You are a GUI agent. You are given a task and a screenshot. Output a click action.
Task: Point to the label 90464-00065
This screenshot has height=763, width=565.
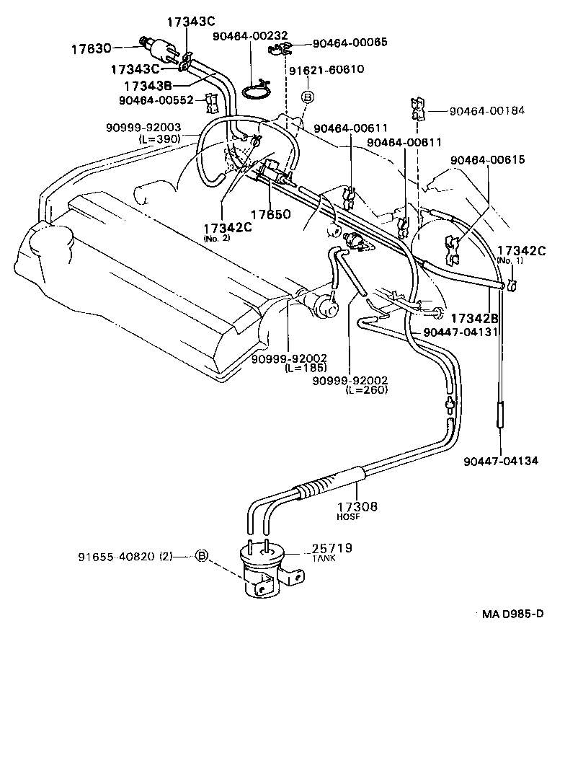[x=350, y=43]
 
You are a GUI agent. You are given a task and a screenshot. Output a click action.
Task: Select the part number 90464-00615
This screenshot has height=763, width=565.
[x=488, y=159]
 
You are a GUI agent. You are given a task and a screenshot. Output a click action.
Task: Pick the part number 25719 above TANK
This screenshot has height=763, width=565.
[x=332, y=549]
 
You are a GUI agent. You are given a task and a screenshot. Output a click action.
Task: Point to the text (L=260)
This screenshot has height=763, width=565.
[x=367, y=390]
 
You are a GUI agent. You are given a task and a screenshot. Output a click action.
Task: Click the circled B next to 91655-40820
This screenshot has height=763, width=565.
[x=202, y=556]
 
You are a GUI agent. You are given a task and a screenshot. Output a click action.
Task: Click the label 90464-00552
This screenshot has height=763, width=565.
[x=156, y=100]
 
